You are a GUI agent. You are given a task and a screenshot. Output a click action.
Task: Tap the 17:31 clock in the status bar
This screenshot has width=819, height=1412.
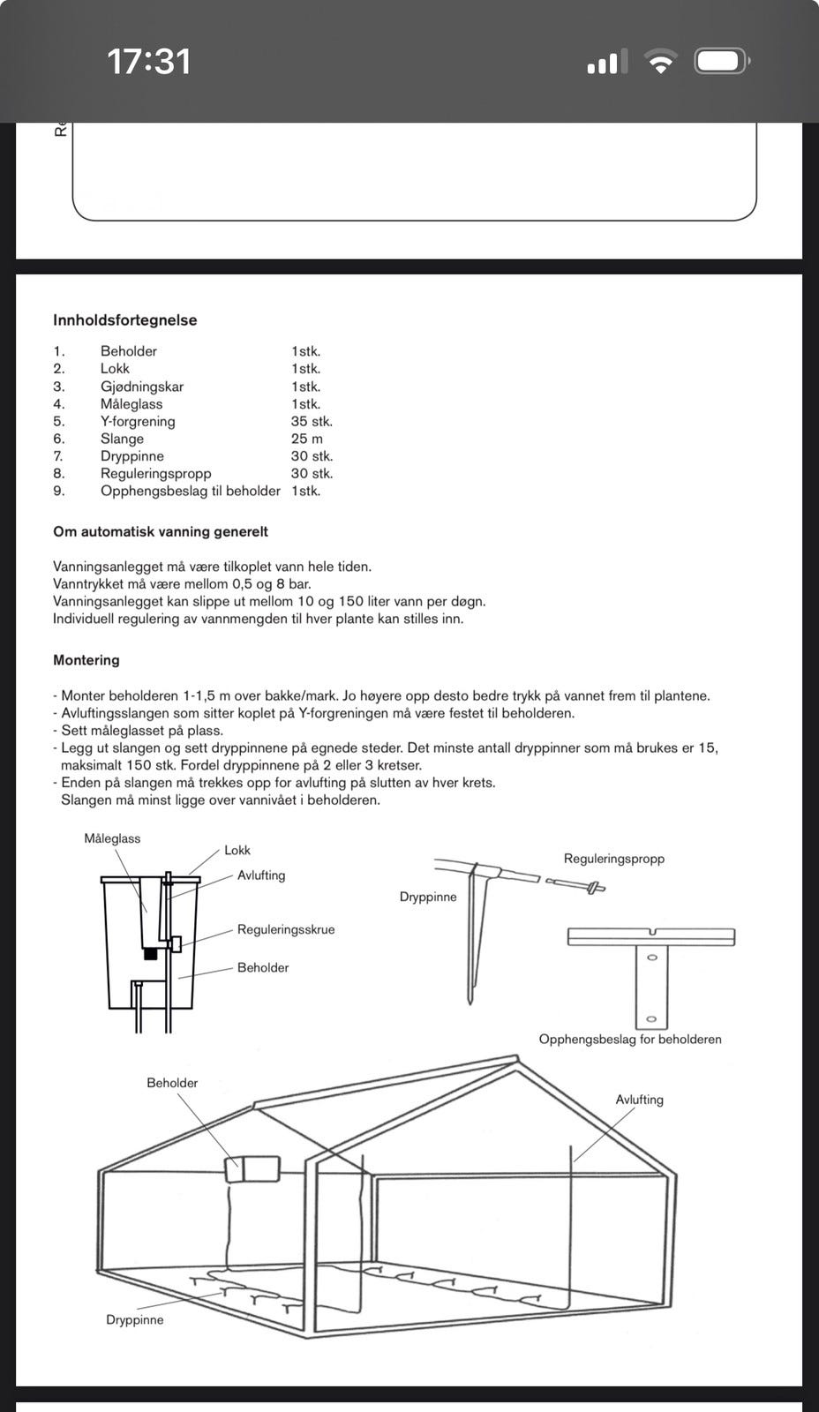point(148,62)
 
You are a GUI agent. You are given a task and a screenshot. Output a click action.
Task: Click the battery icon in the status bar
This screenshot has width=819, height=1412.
point(722,62)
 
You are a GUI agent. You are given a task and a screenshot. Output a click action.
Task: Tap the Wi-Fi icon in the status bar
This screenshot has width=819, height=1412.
point(660,62)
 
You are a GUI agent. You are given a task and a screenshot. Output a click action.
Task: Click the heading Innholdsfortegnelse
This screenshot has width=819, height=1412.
point(124,320)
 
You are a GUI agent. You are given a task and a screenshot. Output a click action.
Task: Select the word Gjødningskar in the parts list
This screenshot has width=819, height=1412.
point(142,387)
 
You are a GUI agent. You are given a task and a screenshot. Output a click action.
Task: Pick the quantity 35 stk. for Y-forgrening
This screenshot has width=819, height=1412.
point(312,421)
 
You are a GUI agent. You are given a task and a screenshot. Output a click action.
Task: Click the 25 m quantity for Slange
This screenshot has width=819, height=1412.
point(307,439)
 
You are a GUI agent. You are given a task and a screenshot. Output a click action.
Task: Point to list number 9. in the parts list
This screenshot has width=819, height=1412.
point(59,491)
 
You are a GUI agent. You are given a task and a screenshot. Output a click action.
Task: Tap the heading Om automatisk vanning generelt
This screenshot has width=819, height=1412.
point(161,532)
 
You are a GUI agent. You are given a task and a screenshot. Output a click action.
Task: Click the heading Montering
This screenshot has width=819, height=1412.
point(86,660)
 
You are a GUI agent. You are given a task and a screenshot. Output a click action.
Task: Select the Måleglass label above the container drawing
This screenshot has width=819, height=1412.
point(112,838)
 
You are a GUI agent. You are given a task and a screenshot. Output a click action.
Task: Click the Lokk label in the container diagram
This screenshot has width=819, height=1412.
point(237,850)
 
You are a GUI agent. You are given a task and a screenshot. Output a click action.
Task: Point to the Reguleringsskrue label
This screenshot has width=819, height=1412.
point(286,929)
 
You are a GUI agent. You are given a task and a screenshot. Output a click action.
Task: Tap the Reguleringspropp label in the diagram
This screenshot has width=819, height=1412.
point(614,859)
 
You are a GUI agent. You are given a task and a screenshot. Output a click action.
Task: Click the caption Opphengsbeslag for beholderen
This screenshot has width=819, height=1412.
point(630,1039)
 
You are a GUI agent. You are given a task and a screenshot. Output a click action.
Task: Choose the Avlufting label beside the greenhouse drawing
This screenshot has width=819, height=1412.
point(639,1100)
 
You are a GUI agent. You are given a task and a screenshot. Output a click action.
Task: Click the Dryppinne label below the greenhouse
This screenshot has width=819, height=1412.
point(135,1320)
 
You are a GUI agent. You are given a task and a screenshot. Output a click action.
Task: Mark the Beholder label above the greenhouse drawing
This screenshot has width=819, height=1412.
point(172,1083)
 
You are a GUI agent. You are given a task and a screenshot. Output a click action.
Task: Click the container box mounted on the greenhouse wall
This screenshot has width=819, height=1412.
point(252,1169)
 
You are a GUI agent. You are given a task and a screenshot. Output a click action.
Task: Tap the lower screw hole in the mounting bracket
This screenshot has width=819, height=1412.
point(651,1019)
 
